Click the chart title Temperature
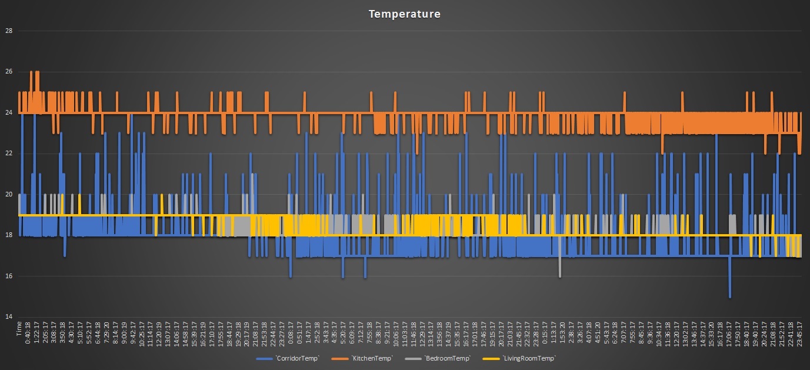click(x=405, y=14)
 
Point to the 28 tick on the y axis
click(x=8, y=31)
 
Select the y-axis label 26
click(x=8, y=72)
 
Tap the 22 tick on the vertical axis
click(x=8, y=154)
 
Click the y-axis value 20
click(x=8, y=195)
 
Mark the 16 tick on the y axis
click(x=8, y=276)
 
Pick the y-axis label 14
click(x=8, y=317)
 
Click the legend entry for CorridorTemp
click(x=288, y=358)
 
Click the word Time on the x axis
click(x=19, y=326)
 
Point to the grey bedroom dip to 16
click(x=559, y=275)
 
